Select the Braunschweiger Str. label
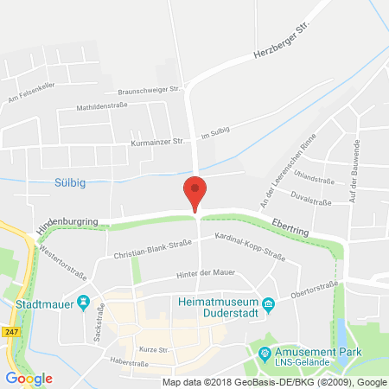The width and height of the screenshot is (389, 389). [x=149, y=89]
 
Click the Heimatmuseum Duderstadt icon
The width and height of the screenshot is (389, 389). [x=269, y=303]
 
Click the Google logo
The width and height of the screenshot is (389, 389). [x=29, y=378]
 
